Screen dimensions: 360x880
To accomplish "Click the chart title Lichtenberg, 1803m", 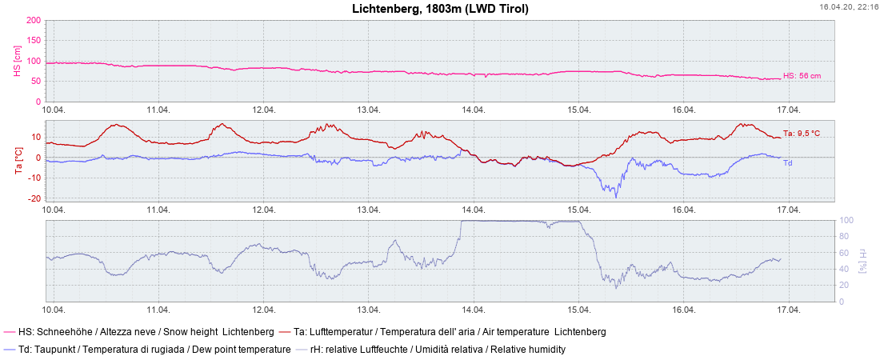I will pos(440,9).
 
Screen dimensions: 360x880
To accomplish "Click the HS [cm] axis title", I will pos(17,61).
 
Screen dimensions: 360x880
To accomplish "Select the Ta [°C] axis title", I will pos(18,161).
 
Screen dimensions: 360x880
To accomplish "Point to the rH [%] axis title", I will pos(863,261).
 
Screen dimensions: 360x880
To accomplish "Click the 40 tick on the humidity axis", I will pos(845,269).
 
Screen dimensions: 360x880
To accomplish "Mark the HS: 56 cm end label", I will pos(802,76).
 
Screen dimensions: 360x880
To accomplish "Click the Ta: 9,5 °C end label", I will pos(802,134).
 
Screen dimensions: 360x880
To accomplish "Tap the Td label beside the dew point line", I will pos(788,163).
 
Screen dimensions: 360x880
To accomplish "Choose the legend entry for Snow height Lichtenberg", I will pos(139,331).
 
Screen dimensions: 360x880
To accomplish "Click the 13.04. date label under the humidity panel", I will pos(369,310).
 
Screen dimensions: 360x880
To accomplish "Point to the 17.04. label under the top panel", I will pos(789,110).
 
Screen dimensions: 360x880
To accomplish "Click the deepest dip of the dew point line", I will pos(615,197).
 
